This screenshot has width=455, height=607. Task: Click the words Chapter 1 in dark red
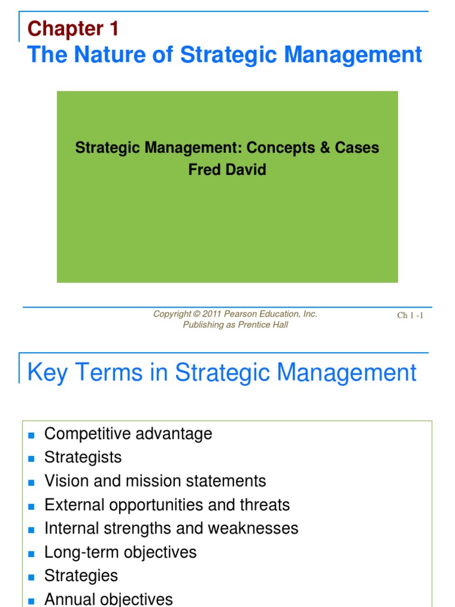(73, 28)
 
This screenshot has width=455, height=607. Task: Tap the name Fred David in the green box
(227, 170)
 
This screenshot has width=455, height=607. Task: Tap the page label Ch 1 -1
(410, 315)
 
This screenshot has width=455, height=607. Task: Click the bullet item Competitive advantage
(128, 434)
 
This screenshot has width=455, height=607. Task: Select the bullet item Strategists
(83, 458)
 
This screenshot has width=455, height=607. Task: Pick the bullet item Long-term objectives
(120, 552)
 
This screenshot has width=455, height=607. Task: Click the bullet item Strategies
(81, 576)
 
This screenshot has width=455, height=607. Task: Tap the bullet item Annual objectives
(108, 599)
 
